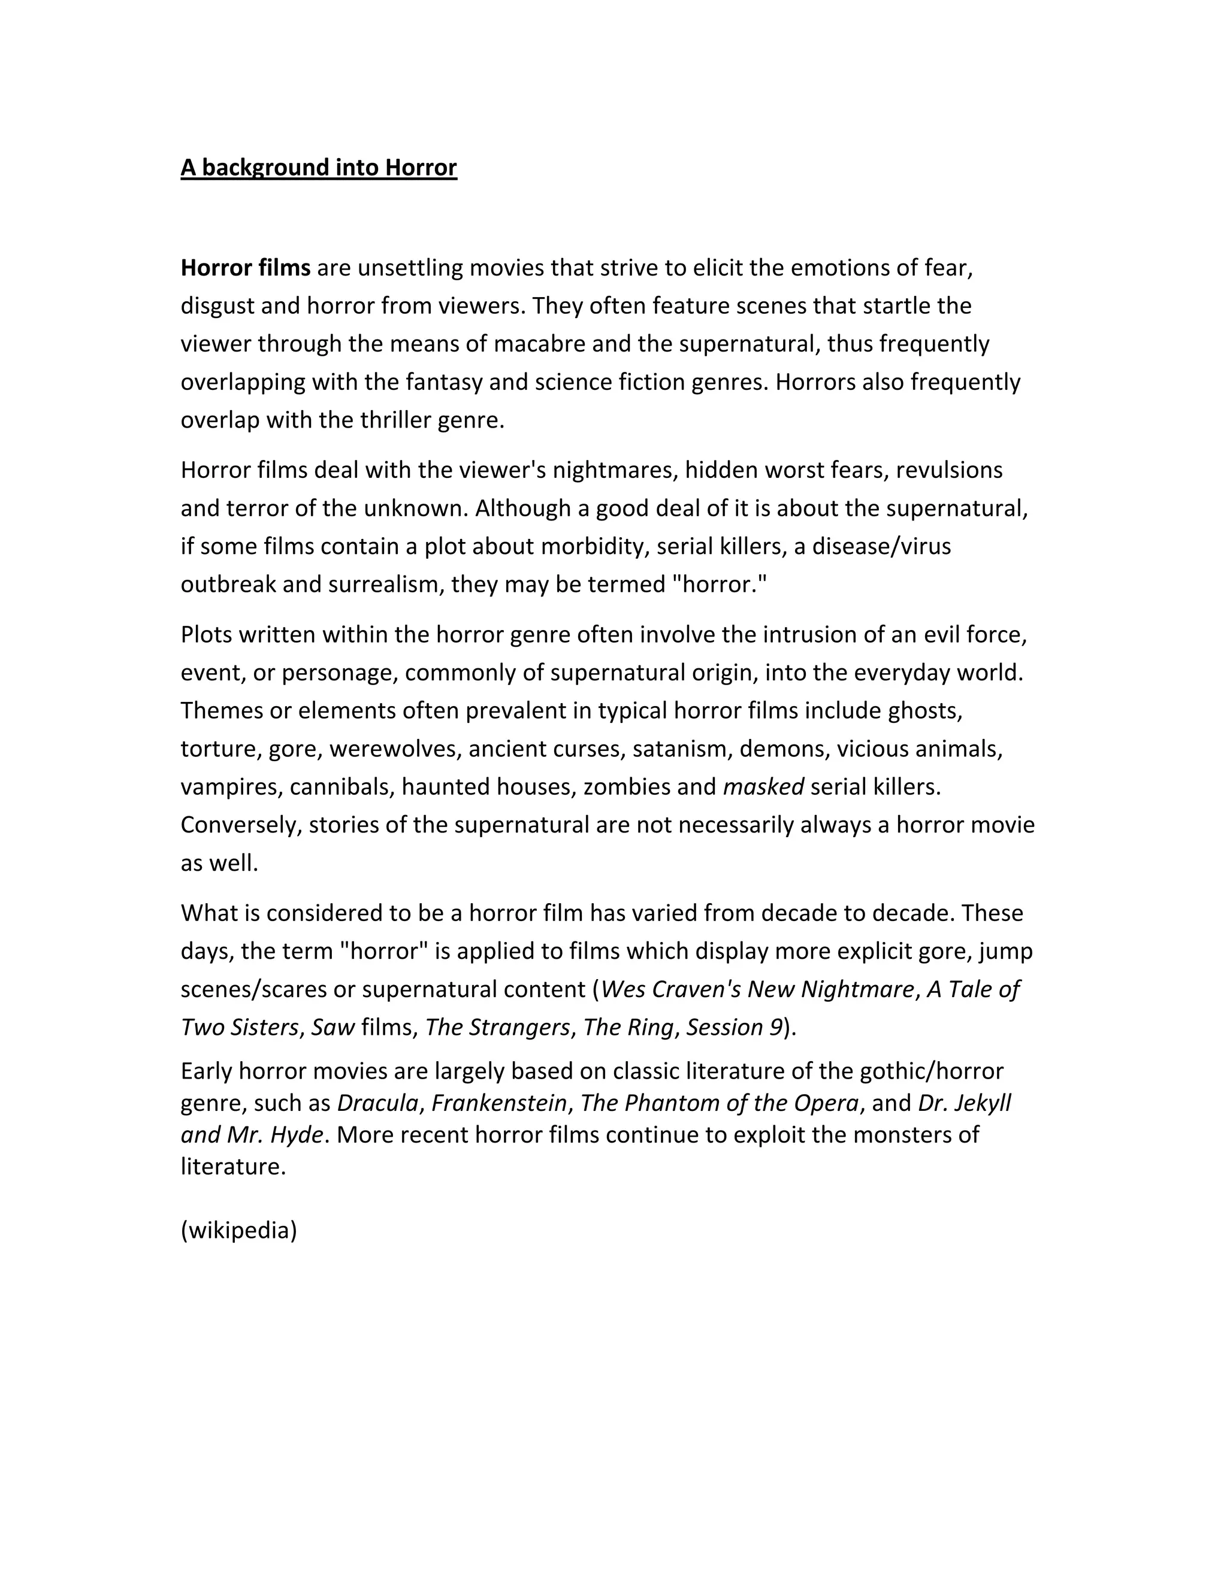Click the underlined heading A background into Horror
point(318,168)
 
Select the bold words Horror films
point(245,268)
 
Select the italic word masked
point(763,787)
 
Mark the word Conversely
point(241,825)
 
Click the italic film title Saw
point(333,1028)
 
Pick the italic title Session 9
point(734,1028)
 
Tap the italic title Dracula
point(378,1103)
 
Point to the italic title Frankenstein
point(498,1103)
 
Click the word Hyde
point(297,1135)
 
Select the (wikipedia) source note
point(238,1230)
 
